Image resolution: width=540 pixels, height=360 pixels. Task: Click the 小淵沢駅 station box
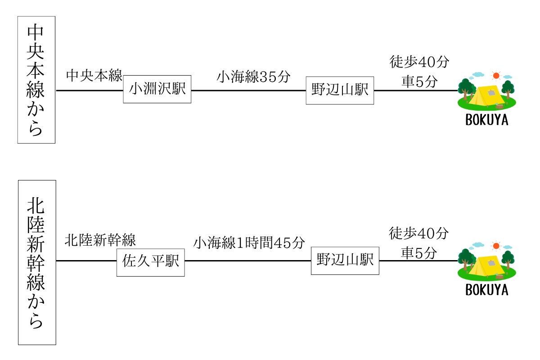coord(157,89)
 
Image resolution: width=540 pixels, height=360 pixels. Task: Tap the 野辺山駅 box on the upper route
coord(340,90)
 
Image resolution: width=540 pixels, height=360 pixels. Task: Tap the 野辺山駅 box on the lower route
coord(345,260)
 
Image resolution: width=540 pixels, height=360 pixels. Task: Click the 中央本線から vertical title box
coord(36,80)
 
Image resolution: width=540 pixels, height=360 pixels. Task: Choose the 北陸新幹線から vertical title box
coord(36,262)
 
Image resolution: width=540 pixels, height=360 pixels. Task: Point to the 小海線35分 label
coord(253,76)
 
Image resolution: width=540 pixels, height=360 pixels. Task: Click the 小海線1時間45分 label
coord(249,243)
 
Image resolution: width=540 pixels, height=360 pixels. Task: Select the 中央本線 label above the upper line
coord(94,76)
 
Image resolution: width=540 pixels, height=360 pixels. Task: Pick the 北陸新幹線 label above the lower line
coord(100,240)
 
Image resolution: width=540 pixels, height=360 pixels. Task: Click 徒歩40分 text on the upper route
coord(419,62)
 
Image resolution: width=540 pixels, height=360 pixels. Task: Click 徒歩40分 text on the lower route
coord(419,233)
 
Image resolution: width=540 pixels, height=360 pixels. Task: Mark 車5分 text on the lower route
coord(419,253)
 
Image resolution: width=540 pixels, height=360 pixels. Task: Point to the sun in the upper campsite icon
coord(496,76)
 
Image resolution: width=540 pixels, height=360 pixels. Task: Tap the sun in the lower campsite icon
coord(496,246)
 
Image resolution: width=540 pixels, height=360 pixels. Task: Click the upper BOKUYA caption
coord(486,121)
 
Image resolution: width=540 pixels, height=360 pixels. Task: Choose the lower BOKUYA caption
coord(486,290)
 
